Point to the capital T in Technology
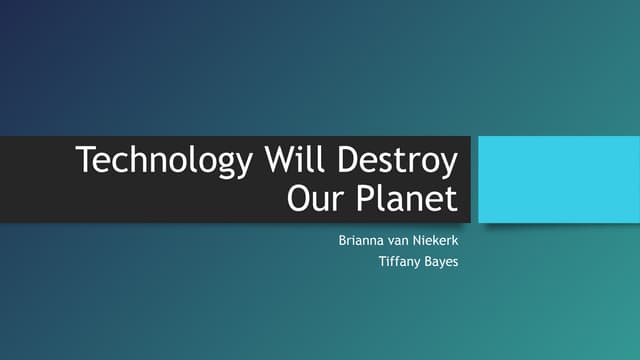[x=87, y=161]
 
